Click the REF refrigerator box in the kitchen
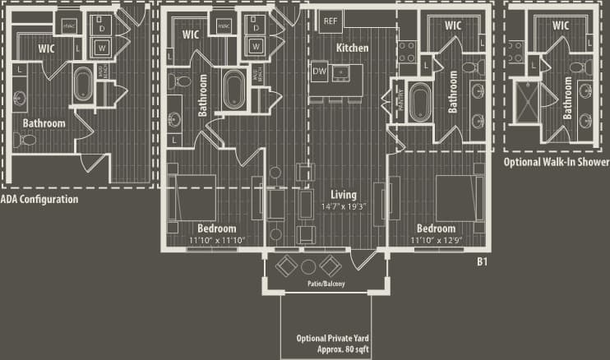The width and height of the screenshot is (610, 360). point(330,20)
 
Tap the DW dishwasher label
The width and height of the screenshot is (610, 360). point(320,72)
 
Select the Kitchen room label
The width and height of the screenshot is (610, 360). point(352,48)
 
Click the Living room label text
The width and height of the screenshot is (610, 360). point(344,195)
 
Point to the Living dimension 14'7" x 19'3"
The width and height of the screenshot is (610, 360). point(344,206)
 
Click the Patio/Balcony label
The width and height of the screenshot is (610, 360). point(321,284)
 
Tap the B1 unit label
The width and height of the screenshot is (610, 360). point(483,262)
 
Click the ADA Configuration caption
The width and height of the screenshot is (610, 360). point(39,199)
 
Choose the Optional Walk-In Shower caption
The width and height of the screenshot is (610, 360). point(557,163)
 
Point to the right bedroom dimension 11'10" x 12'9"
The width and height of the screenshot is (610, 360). point(436,240)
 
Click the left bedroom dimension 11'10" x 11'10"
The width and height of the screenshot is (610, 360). point(217,240)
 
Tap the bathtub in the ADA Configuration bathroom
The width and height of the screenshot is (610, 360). point(85,84)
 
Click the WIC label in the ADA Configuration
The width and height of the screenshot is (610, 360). point(46,48)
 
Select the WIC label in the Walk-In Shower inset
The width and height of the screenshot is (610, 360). point(561,25)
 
